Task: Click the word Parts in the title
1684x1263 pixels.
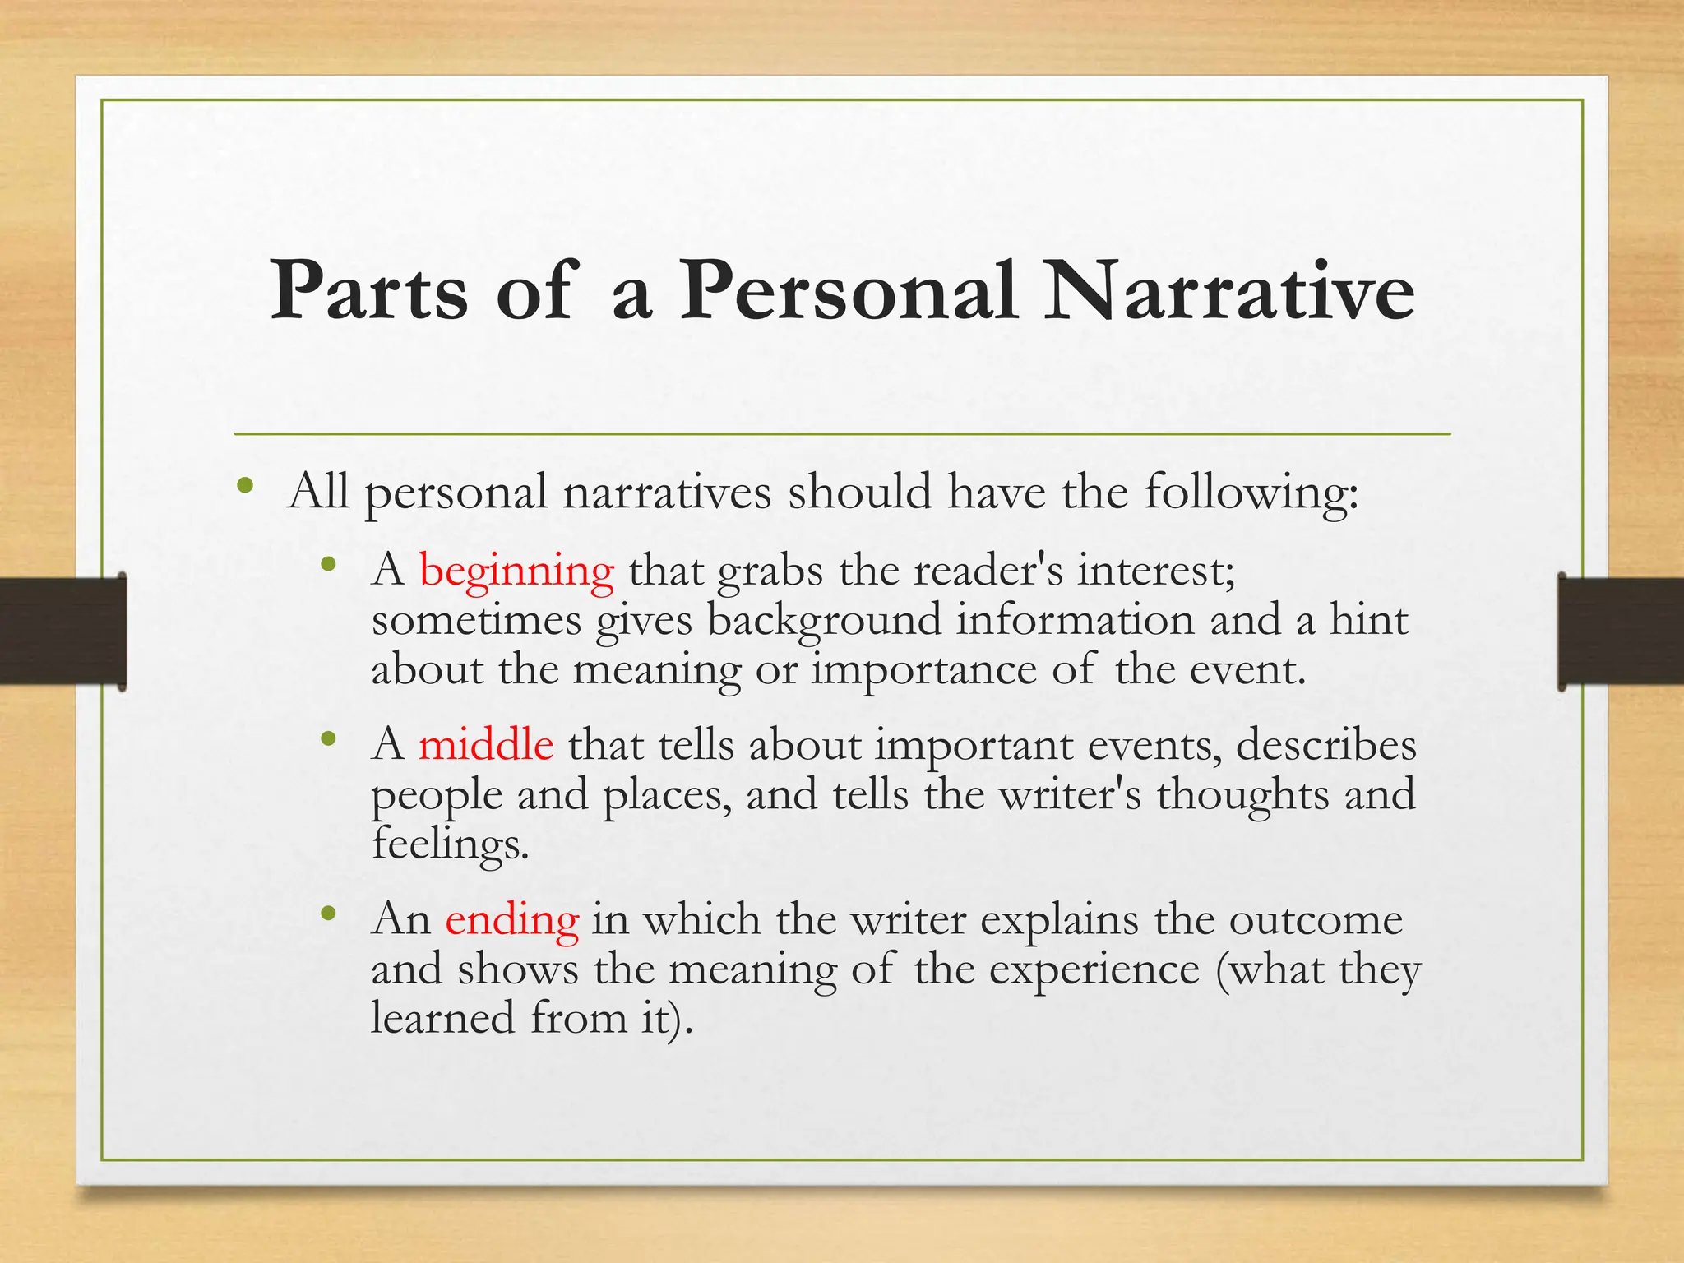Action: click(369, 291)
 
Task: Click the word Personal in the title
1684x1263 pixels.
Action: click(847, 291)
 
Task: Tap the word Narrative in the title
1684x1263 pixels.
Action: click(1229, 291)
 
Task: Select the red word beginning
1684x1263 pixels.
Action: click(516, 571)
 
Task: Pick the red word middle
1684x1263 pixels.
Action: click(486, 745)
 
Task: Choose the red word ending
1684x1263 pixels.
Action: click(512, 919)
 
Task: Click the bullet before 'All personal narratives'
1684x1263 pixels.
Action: click(244, 485)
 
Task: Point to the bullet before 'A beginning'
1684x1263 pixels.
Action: click(329, 564)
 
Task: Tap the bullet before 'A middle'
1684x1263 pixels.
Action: click(329, 739)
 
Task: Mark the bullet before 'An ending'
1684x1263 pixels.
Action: click(329, 913)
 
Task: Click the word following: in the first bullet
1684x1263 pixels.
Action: click(1251, 493)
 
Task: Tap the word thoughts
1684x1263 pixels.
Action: click(1242, 794)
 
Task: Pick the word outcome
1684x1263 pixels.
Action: click(1316, 919)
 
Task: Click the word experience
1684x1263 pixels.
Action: click(1094, 970)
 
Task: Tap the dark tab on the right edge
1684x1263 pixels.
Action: click(1621, 631)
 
